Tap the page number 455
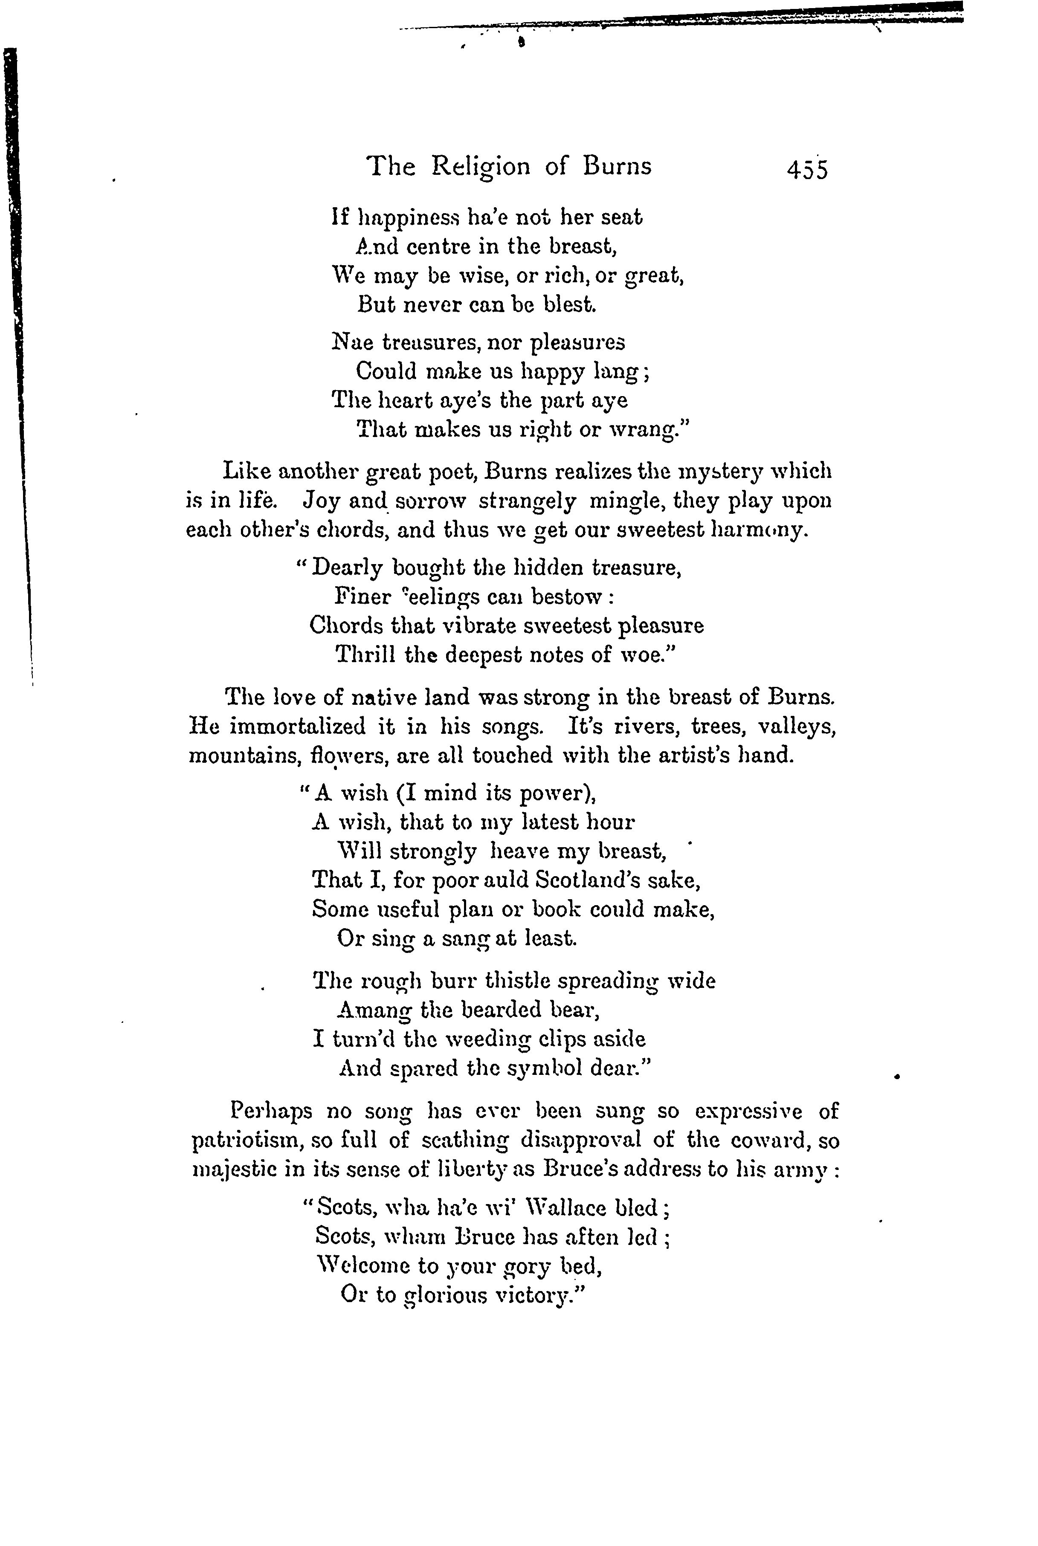807,170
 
